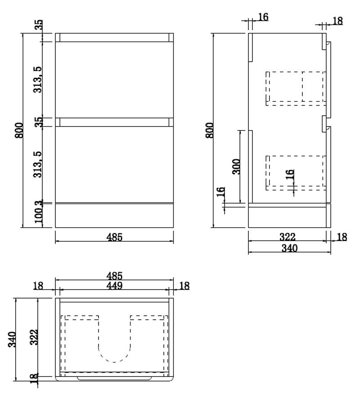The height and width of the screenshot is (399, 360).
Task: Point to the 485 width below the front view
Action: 115,237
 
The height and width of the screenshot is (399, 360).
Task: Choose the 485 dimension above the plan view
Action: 114,275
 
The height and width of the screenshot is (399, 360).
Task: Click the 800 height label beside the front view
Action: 18,131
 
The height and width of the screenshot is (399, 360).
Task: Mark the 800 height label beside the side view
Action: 209,131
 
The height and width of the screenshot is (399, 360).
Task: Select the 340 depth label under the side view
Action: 289,248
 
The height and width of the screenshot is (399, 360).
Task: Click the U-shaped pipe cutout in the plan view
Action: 114,347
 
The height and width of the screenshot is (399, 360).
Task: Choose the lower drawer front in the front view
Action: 114,164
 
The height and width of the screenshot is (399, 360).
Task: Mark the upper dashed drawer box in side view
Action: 295,88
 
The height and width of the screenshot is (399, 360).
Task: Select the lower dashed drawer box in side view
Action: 295,171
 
